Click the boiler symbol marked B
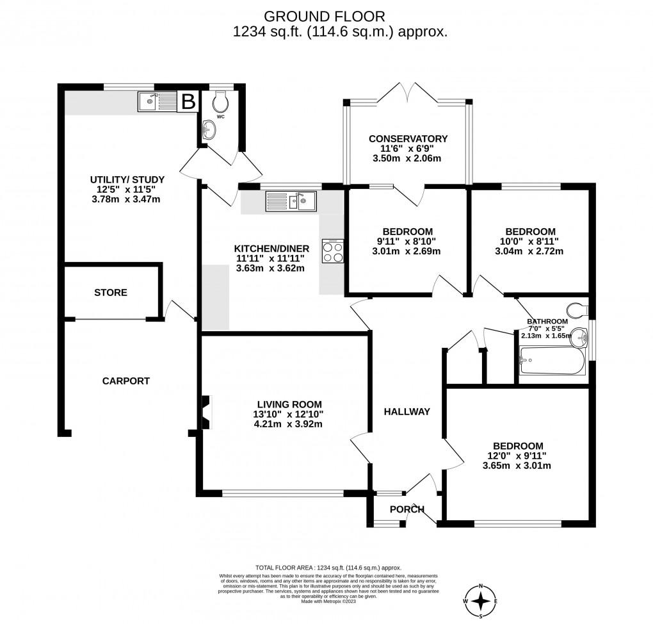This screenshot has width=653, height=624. click(x=188, y=101)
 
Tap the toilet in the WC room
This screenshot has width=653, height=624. click(x=220, y=101)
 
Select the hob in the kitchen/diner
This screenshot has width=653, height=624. click(x=333, y=251)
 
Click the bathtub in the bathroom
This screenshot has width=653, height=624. click(x=551, y=363)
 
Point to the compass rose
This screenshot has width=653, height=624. click(x=483, y=602)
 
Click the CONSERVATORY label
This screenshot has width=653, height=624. click(x=407, y=138)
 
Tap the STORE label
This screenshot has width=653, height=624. click(x=111, y=292)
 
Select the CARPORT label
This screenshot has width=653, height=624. click(x=126, y=381)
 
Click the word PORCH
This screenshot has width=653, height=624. click(x=407, y=509)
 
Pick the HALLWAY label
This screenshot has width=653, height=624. click(x=407, y=411)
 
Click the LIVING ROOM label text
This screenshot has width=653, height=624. click(x=287, y=404)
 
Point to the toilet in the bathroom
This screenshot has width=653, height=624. click(x=577, y=310)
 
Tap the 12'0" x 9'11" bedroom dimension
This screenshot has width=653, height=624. click(x=517, y=456)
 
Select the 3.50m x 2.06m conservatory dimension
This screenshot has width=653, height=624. click(x=407, y=158)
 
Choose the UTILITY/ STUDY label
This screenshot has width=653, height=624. click(x=127, y=179)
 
